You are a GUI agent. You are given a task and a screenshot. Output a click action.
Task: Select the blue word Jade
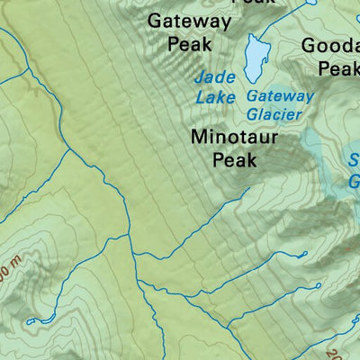click(213, 77)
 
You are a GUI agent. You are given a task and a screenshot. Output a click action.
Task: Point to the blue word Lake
click(214, 96)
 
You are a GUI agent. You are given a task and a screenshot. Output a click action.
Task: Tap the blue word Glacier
click(275, 113)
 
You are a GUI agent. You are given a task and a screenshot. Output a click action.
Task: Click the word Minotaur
click(234, 138)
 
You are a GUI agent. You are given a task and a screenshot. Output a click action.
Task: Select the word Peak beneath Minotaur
click(234, 161)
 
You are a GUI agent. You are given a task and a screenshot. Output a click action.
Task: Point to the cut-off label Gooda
click(330, 45)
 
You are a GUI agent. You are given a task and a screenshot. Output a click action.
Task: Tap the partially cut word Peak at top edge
click(251, 3)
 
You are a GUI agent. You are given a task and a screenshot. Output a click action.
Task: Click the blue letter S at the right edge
click(353, 163)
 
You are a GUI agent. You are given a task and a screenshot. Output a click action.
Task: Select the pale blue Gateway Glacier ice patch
click(315, 144)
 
